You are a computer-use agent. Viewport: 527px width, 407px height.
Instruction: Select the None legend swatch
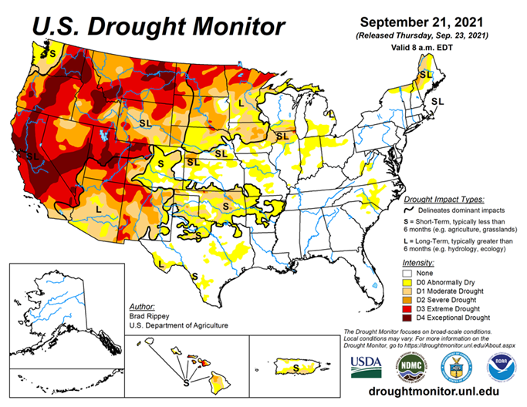[x=407, y=273]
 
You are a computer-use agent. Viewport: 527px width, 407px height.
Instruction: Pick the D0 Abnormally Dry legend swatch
[x=407, y=282]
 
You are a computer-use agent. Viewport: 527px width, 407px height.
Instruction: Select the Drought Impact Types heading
[x=441, y=199]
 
